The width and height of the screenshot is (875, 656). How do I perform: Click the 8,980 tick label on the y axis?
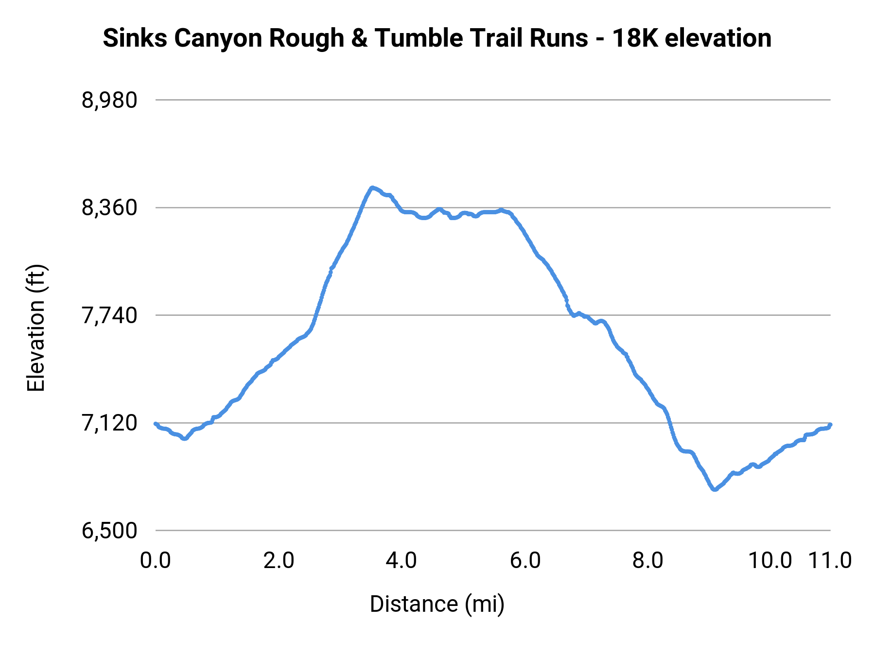click(109, 101)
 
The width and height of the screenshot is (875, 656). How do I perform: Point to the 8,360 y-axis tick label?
click(109, 208)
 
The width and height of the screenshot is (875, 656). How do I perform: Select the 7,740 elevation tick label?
click(109, 316)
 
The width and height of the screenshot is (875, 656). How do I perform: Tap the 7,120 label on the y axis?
click(109, 423)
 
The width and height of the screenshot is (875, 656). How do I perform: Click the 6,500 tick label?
click(109, 531)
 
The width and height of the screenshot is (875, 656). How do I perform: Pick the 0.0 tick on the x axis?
click(155, 561)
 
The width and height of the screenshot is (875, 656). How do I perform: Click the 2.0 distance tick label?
click(279, 561)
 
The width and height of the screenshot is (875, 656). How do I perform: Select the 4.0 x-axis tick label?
click(401, 561)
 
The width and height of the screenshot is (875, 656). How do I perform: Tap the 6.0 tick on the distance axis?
click(525, 561)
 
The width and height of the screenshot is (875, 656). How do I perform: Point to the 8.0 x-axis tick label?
click(647, 561)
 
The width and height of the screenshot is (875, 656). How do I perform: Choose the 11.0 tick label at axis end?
click(830, 561)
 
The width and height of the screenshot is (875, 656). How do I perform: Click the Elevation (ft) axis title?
click(36, 328)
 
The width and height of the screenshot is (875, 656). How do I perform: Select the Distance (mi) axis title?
click(437, 604)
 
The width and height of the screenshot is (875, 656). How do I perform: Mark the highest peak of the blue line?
click(372, 188)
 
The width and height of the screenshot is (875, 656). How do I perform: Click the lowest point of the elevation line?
click(714, 489)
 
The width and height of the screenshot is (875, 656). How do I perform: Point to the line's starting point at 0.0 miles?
click(155, 424)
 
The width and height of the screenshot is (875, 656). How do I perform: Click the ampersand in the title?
click(359, 38)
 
